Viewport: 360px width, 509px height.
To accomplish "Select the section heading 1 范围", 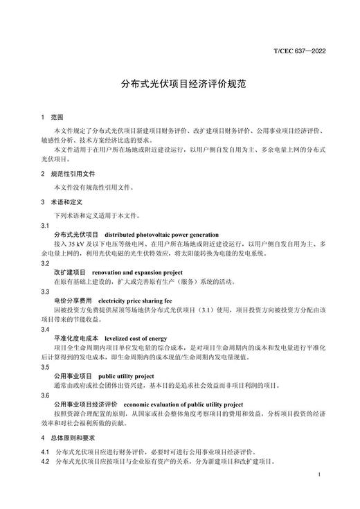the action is tap(52, 118).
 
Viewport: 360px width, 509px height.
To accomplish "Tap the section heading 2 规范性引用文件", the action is tap(67, 173).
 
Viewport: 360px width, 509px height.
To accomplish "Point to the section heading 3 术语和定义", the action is tap(62, 202).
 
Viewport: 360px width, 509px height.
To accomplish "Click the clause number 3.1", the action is tap(45, 226).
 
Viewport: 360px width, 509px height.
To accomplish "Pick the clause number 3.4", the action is tap(45, 329).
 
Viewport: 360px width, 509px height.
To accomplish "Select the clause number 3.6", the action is tap(45, 395).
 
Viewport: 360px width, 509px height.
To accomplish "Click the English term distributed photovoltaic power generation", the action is tap(162, 235).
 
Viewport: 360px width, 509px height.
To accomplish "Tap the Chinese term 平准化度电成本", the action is tap(76, 338).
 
